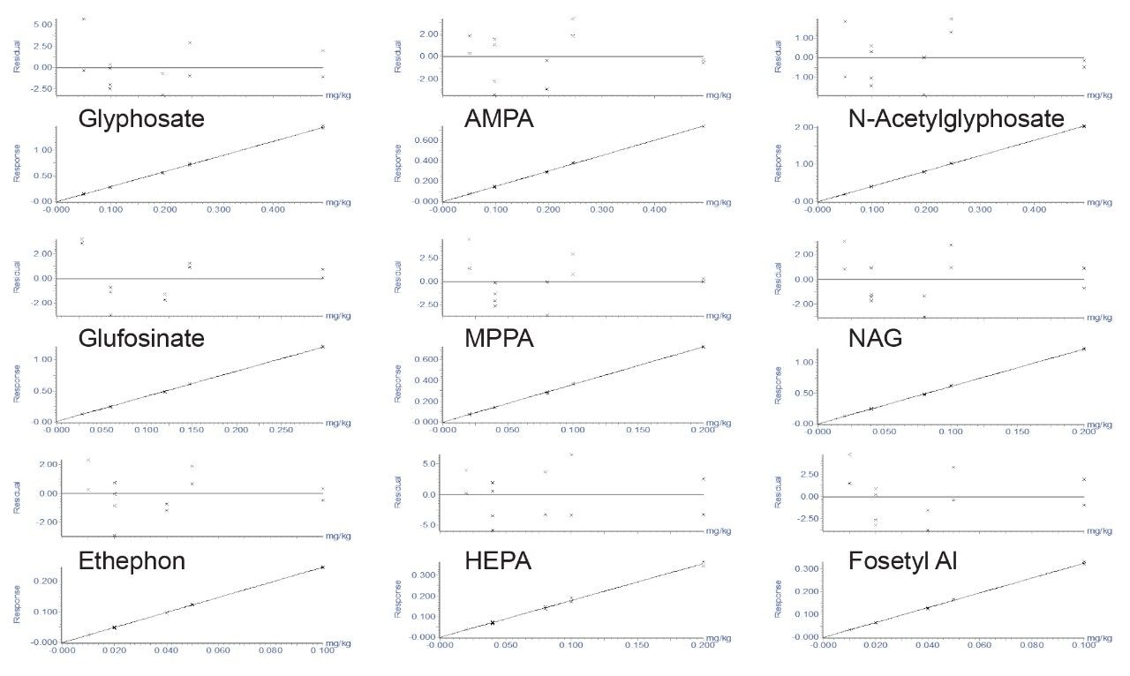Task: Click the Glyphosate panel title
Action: pos(141,117)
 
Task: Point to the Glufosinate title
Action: pos(141,338)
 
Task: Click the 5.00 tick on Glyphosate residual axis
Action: pos(42,25)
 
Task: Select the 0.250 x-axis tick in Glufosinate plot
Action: pos(281,431)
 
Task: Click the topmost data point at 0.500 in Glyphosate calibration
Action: pos(322,126)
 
